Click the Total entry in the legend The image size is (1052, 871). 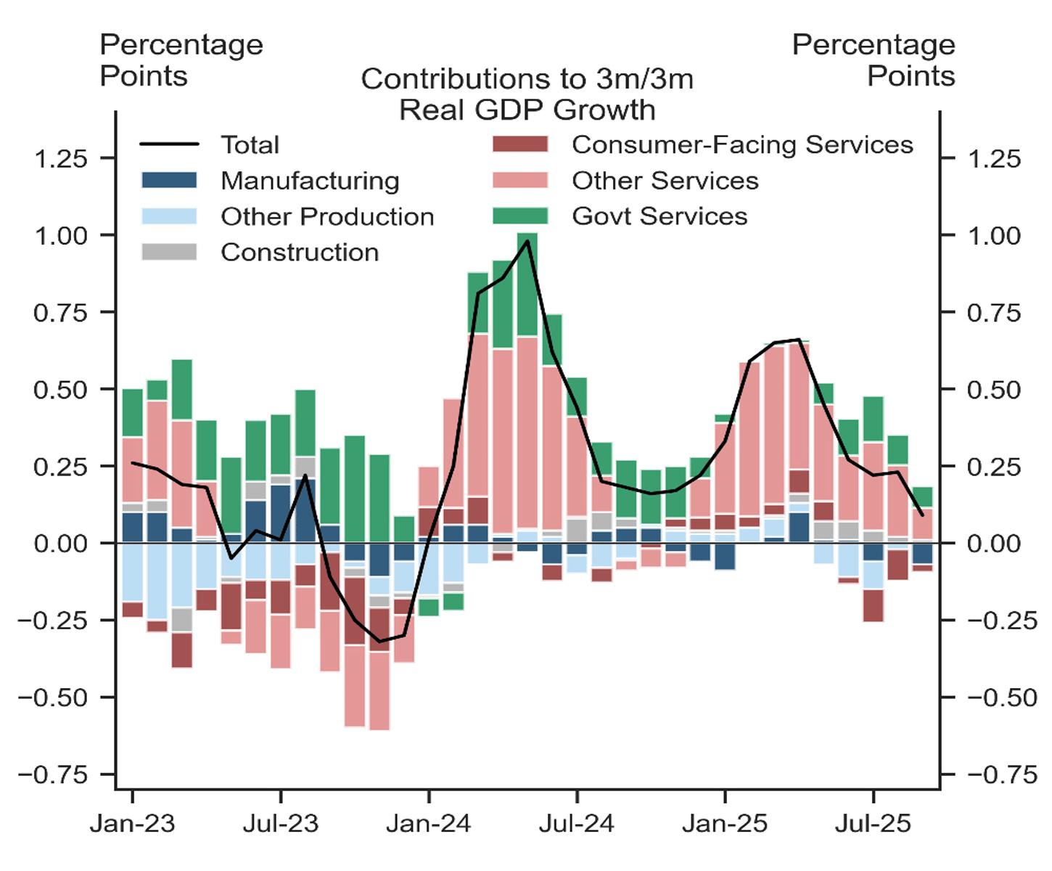[250, 145]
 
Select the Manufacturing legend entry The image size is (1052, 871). [310, 181]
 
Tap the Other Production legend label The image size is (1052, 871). [327, 216]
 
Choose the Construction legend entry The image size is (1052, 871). [300, 253]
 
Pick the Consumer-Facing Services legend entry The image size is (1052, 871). [742, 145]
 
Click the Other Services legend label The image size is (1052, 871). [665, 181]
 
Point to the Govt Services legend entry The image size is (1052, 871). [659, 216]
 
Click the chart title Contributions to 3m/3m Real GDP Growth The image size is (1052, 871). [527, 94]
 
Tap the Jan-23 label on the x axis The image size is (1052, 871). [133, 824]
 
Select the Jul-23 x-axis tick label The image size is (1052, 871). [281, 824]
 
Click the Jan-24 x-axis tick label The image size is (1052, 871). [429, 824]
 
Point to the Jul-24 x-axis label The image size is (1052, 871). [577, 824]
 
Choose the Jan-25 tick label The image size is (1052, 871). [725, 824]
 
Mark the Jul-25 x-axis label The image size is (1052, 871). [873, 824]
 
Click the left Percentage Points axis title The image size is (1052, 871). [181, 60]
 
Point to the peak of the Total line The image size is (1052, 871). [527, 240]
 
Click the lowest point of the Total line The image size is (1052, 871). [379, 642]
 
